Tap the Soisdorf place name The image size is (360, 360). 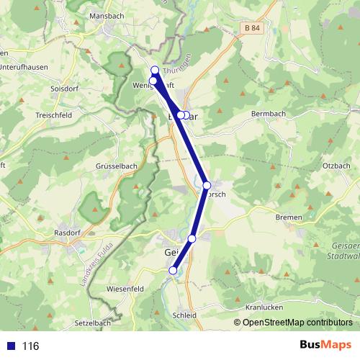coord(63,89)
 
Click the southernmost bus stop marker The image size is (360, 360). coord(173,271)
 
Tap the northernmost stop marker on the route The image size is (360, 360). coord(155,70)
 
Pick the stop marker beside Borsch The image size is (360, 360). coord(207,185)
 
